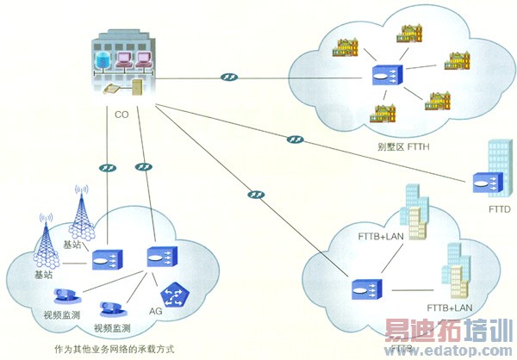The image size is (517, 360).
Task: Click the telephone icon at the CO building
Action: (x=112, y=89)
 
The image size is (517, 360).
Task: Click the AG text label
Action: (x=156, y=311)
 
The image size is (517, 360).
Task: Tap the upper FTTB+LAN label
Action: (x=380, y=235)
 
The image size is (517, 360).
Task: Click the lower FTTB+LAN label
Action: (x=450, y=307)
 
